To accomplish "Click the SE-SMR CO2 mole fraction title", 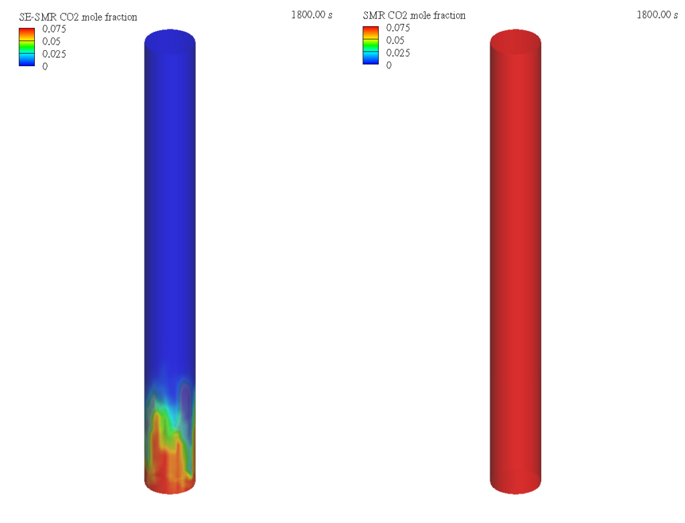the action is point(78,17).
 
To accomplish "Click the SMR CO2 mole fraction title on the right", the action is point(414,15).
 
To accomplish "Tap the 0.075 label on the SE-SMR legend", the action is point(54,29).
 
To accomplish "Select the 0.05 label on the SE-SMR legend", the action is point(51,41).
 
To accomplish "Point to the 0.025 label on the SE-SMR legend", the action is point(54,54).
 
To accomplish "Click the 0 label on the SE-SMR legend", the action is point(45,66).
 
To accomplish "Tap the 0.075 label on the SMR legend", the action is point(398,27).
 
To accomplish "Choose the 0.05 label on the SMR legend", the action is point(395,40).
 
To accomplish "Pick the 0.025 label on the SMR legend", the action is point(398,53).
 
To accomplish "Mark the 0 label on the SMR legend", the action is point(389,65).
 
